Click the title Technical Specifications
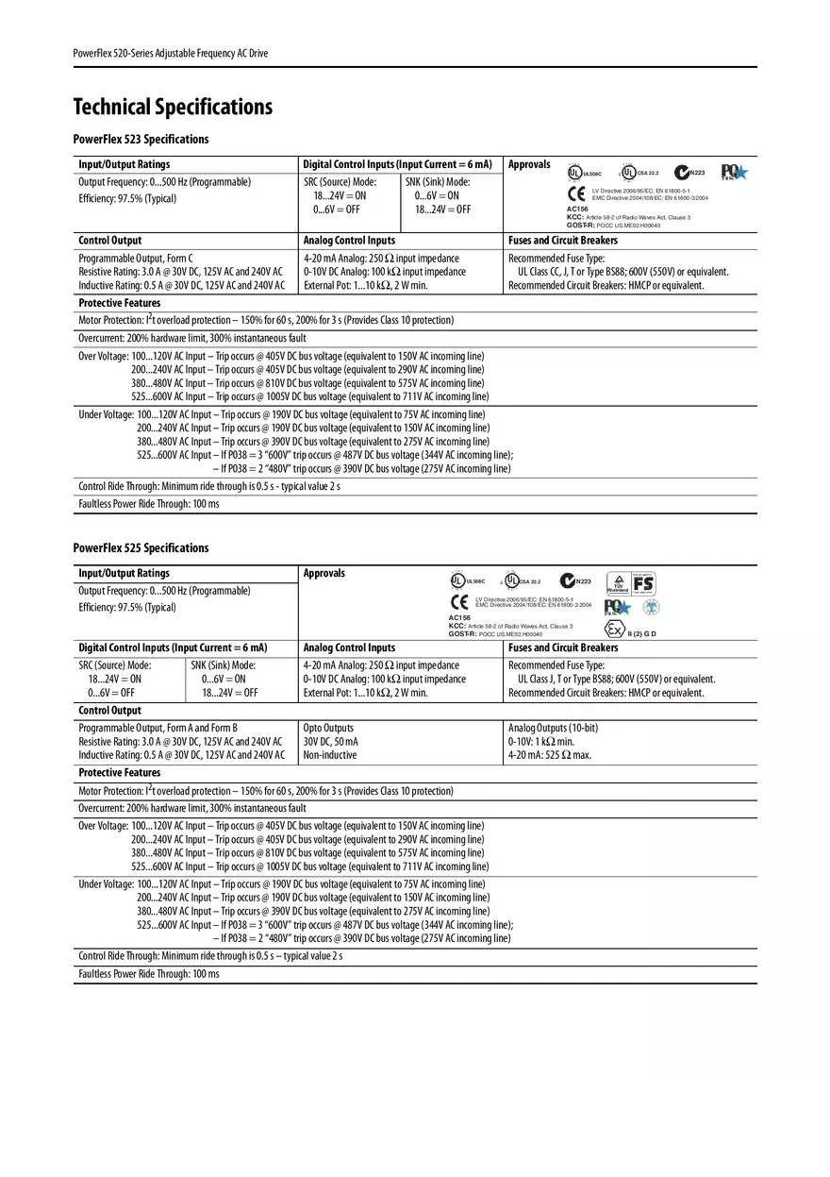173,107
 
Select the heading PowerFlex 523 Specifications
141,140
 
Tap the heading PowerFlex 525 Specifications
141,548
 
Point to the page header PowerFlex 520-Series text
171,54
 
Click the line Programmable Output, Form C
136,258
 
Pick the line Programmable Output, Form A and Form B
158,728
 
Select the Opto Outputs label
328,728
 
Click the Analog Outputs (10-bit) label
553,728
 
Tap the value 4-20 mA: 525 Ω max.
550,755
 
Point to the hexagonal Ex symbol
614,630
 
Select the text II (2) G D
641,633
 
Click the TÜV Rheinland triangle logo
618,583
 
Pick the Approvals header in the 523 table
529,164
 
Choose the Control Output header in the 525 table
109,711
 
